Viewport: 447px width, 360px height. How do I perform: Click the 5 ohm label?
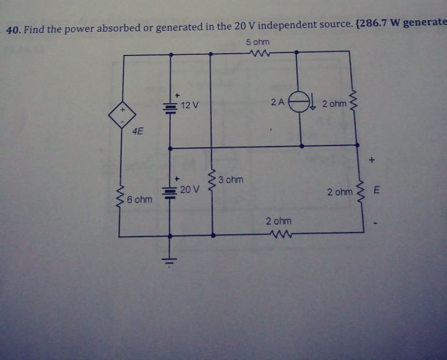pos(257,43)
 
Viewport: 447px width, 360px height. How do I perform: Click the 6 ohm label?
pos(140,200)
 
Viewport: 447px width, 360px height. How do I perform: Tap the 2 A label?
pos(277,103)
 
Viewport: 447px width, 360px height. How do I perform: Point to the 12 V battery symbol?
pos(170,107)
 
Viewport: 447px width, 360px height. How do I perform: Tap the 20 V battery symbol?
pos(170,192)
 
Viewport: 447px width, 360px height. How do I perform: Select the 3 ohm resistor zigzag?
pos(213,182)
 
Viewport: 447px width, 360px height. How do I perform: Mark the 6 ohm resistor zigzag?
pos(120,199)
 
